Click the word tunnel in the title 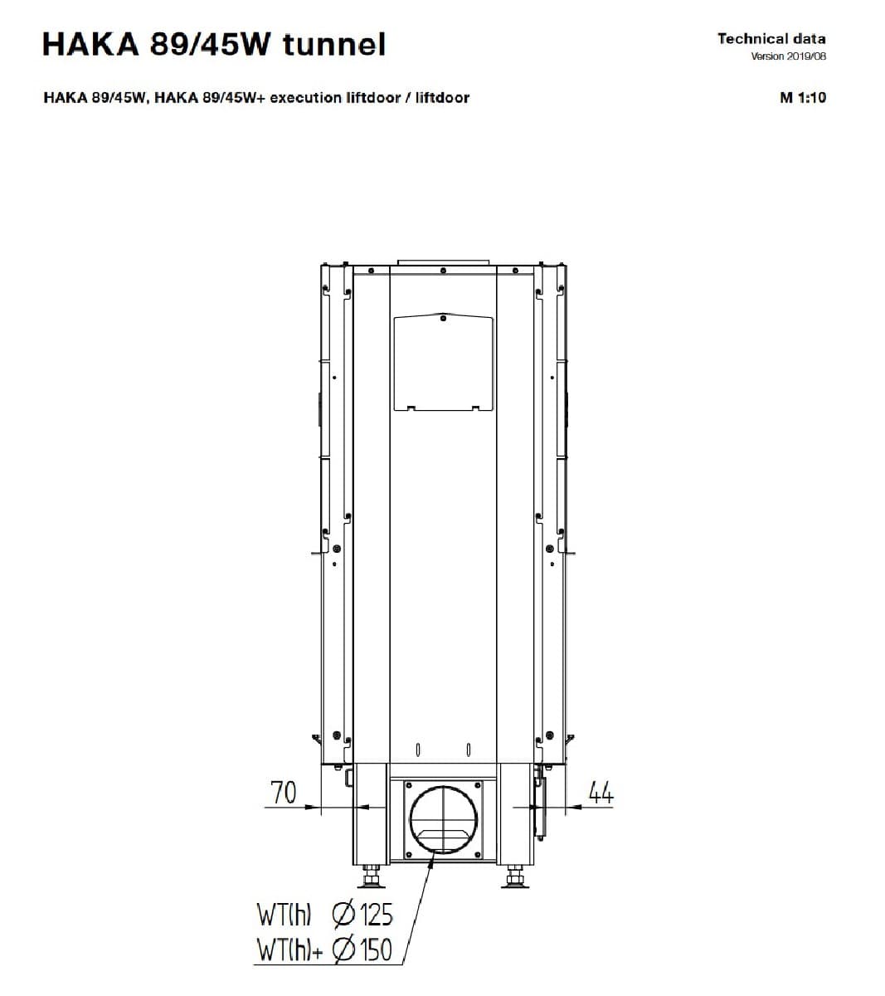(x=334, y=44)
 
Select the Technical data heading (x=771, y=39)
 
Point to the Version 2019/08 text (x=788, y=56)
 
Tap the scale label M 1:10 (x=802, y=97)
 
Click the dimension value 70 (x=284, y=793)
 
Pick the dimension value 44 (x=601, y=793)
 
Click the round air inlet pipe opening (x=443, y=819)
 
